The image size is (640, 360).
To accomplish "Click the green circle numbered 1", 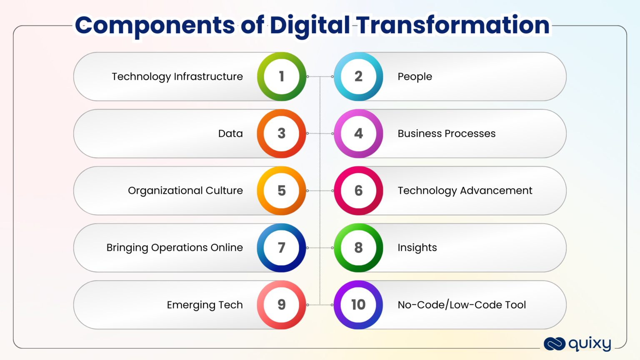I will tap(282, 77).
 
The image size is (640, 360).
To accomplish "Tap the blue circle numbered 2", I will tap(358, 77).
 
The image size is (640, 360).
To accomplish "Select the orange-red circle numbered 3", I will tap(282, 134).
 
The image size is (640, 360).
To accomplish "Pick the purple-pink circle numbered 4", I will tap(358, 134).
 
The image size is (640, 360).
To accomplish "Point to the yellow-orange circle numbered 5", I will tap(282, 191).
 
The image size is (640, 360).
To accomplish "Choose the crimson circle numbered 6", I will tap(358, 191).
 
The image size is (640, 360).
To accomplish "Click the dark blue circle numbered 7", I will tap(282, 248).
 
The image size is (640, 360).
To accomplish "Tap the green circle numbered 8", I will tap(358, 248).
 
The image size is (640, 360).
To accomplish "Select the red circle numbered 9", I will tap(282, 305).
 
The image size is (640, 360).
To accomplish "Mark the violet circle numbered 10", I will tap(358, 305).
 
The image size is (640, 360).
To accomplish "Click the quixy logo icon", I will tap(554, 344).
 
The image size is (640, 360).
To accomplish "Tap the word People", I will tap(415, 77).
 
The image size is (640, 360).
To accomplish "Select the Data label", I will tap(230, 134).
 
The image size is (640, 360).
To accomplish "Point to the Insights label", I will tap(417, 248).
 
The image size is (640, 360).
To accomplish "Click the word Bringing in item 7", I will tap(127, 248).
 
